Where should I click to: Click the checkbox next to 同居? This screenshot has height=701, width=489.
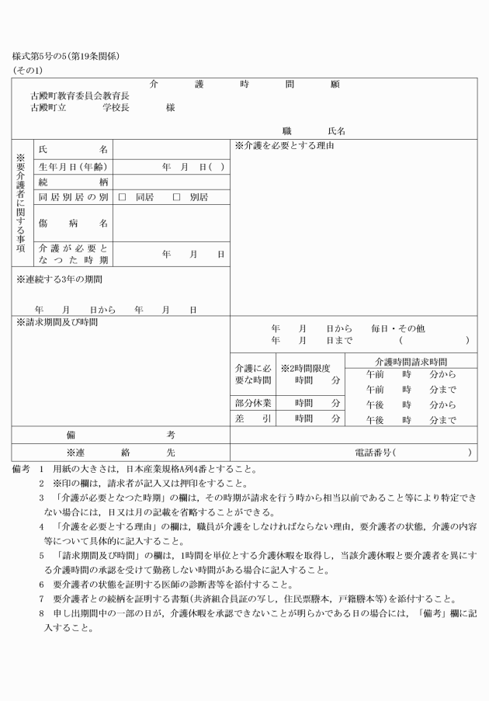(x=122, y=197)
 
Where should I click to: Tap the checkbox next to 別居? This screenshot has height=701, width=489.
(x=176, y=197)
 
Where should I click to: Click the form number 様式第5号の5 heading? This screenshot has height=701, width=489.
(x=65, y=57)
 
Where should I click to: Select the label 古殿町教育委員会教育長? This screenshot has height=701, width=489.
(x=80, y=95)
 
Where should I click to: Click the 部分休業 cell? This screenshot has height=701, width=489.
(x=252, y=403)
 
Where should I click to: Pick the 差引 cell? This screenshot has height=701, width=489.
(x=252, y=419)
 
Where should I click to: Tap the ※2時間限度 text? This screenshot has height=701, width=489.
(x=306, y=367)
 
